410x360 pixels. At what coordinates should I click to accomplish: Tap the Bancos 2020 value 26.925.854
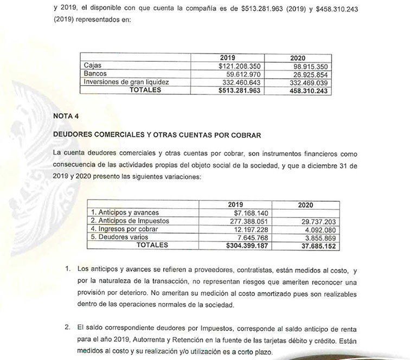tap(307, 74)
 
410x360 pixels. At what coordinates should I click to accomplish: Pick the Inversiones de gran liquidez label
tap(127, 82)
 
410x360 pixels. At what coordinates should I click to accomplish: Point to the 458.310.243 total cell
tap(307, 90)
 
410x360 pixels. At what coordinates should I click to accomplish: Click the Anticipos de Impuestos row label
tap(130, 221)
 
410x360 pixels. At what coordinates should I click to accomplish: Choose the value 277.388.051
tap(246, 221)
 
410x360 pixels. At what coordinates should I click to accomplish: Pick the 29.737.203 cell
tap(316, 221)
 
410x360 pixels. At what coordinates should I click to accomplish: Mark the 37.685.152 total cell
tap(316, 245)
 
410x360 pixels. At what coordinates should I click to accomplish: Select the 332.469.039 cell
tap(307, 82)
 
